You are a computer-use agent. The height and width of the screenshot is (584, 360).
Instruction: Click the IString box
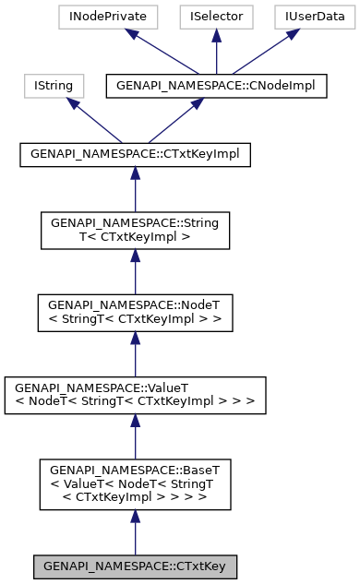54,87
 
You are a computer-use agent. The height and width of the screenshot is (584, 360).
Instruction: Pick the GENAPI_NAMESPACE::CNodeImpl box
216,87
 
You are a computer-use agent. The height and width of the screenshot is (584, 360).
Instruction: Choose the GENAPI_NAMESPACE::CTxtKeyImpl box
135,154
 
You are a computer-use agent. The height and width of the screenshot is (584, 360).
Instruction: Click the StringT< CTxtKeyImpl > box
135,231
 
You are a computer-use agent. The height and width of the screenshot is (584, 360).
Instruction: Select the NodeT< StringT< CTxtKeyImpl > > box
135,313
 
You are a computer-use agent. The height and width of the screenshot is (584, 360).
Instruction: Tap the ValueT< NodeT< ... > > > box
135,395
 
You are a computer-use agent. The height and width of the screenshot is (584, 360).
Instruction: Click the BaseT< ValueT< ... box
135,483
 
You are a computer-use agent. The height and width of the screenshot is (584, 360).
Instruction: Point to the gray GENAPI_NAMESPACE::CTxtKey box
135,566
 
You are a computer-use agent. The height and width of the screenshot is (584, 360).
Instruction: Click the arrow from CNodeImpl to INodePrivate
162,52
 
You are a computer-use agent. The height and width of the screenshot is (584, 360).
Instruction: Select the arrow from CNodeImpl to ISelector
215,52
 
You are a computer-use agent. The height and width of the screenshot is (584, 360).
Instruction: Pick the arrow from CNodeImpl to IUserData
264,52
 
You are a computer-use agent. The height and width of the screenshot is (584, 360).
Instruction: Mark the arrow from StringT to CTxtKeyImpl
135,189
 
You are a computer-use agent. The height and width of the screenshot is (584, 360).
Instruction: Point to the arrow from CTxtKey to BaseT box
135,530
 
